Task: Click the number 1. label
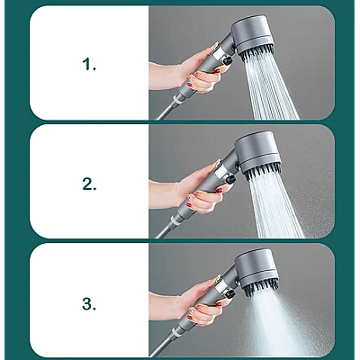pyautogui.click(x=89, y=64)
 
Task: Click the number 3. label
pyautogui.click(x=89, y=303)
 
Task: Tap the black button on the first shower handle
pyautogui.click(x=228, y=61)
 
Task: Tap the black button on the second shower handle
pyautogui.click(x=230, y=179)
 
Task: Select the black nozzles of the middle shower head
pyautogui.click(x=263, y=173)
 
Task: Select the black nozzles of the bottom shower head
pyautogui.click(x=261, y=287)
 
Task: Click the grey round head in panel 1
pyautogui.click(x=253, y=33)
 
